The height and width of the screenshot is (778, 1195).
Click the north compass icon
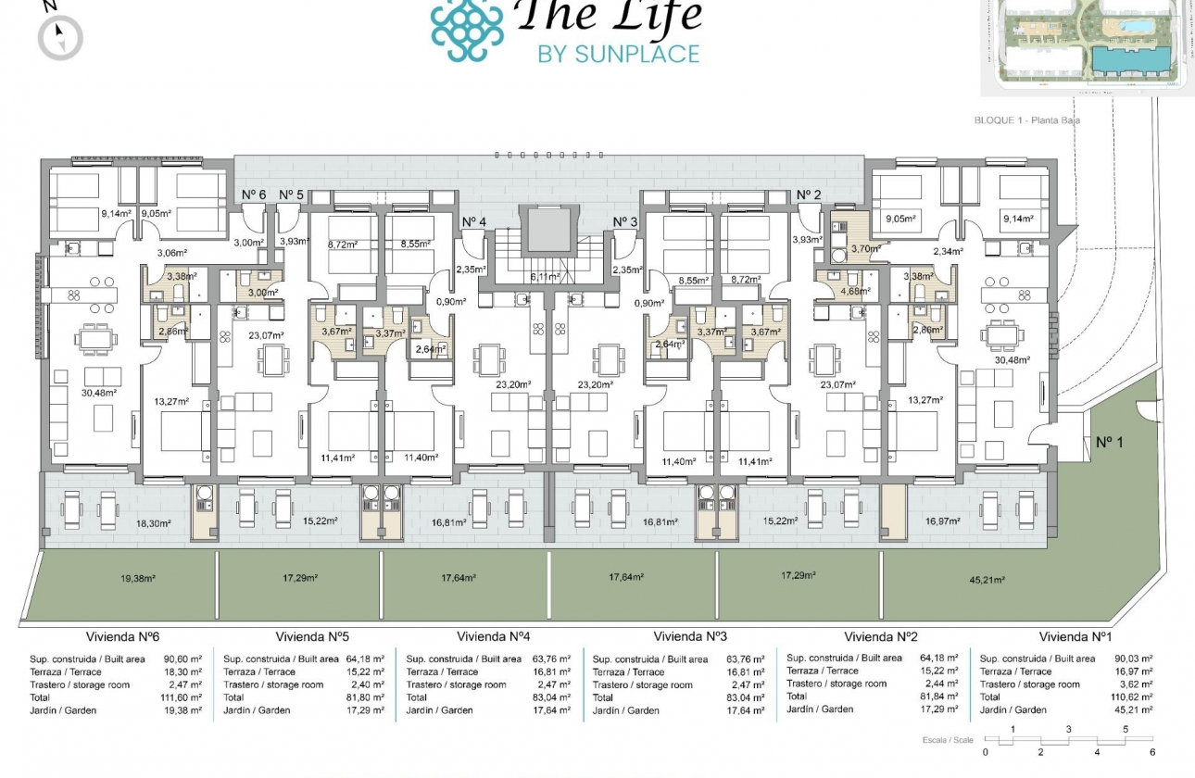(x=60, y=37)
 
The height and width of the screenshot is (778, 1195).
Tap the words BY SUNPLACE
(x=618, y=54)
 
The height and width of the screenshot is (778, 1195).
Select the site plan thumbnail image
(x=1087, y=46)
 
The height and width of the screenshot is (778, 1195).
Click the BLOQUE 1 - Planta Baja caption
(x=1027, y=120)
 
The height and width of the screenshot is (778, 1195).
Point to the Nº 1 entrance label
(x=1109, y=443)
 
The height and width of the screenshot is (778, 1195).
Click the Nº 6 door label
(x=254, y=194)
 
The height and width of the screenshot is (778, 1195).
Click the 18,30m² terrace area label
(x=154, y=523)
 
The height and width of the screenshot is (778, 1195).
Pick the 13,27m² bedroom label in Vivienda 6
(x=170, y=401)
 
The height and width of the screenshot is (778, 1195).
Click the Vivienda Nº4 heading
(x=494, y=637)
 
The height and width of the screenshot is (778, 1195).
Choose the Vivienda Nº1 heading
(x=1075, y=637)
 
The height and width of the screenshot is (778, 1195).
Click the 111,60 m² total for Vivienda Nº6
(x=182, y=697)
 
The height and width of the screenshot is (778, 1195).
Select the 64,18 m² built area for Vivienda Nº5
(x=365, y=659)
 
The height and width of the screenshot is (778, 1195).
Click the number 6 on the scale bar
(x=1152, y=752)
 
